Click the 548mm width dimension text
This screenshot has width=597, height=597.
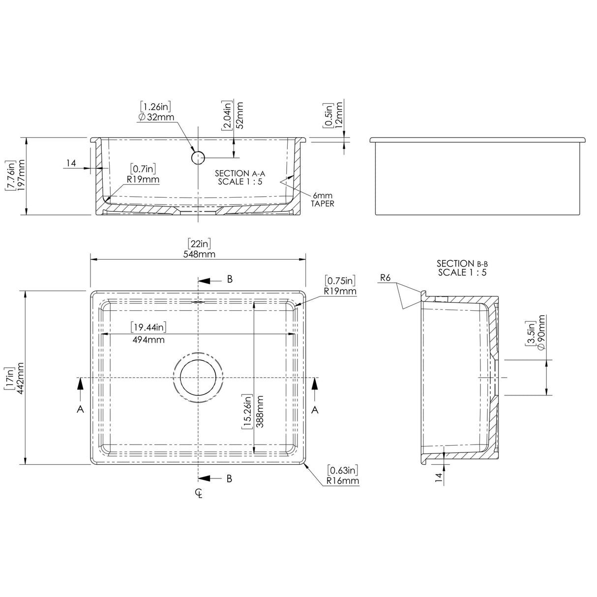[x=199, y=254]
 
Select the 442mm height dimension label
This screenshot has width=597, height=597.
[x=21, y=377]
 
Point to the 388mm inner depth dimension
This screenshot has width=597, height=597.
[x=260, y=412]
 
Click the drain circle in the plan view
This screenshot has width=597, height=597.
[x=198, y=377]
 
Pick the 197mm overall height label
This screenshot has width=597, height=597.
[x=21, y=176]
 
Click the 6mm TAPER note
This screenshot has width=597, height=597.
[x=322, y=199]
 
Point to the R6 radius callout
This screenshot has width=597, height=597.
[x=385, y=278]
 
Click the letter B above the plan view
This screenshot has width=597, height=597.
[x=230, y=279]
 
